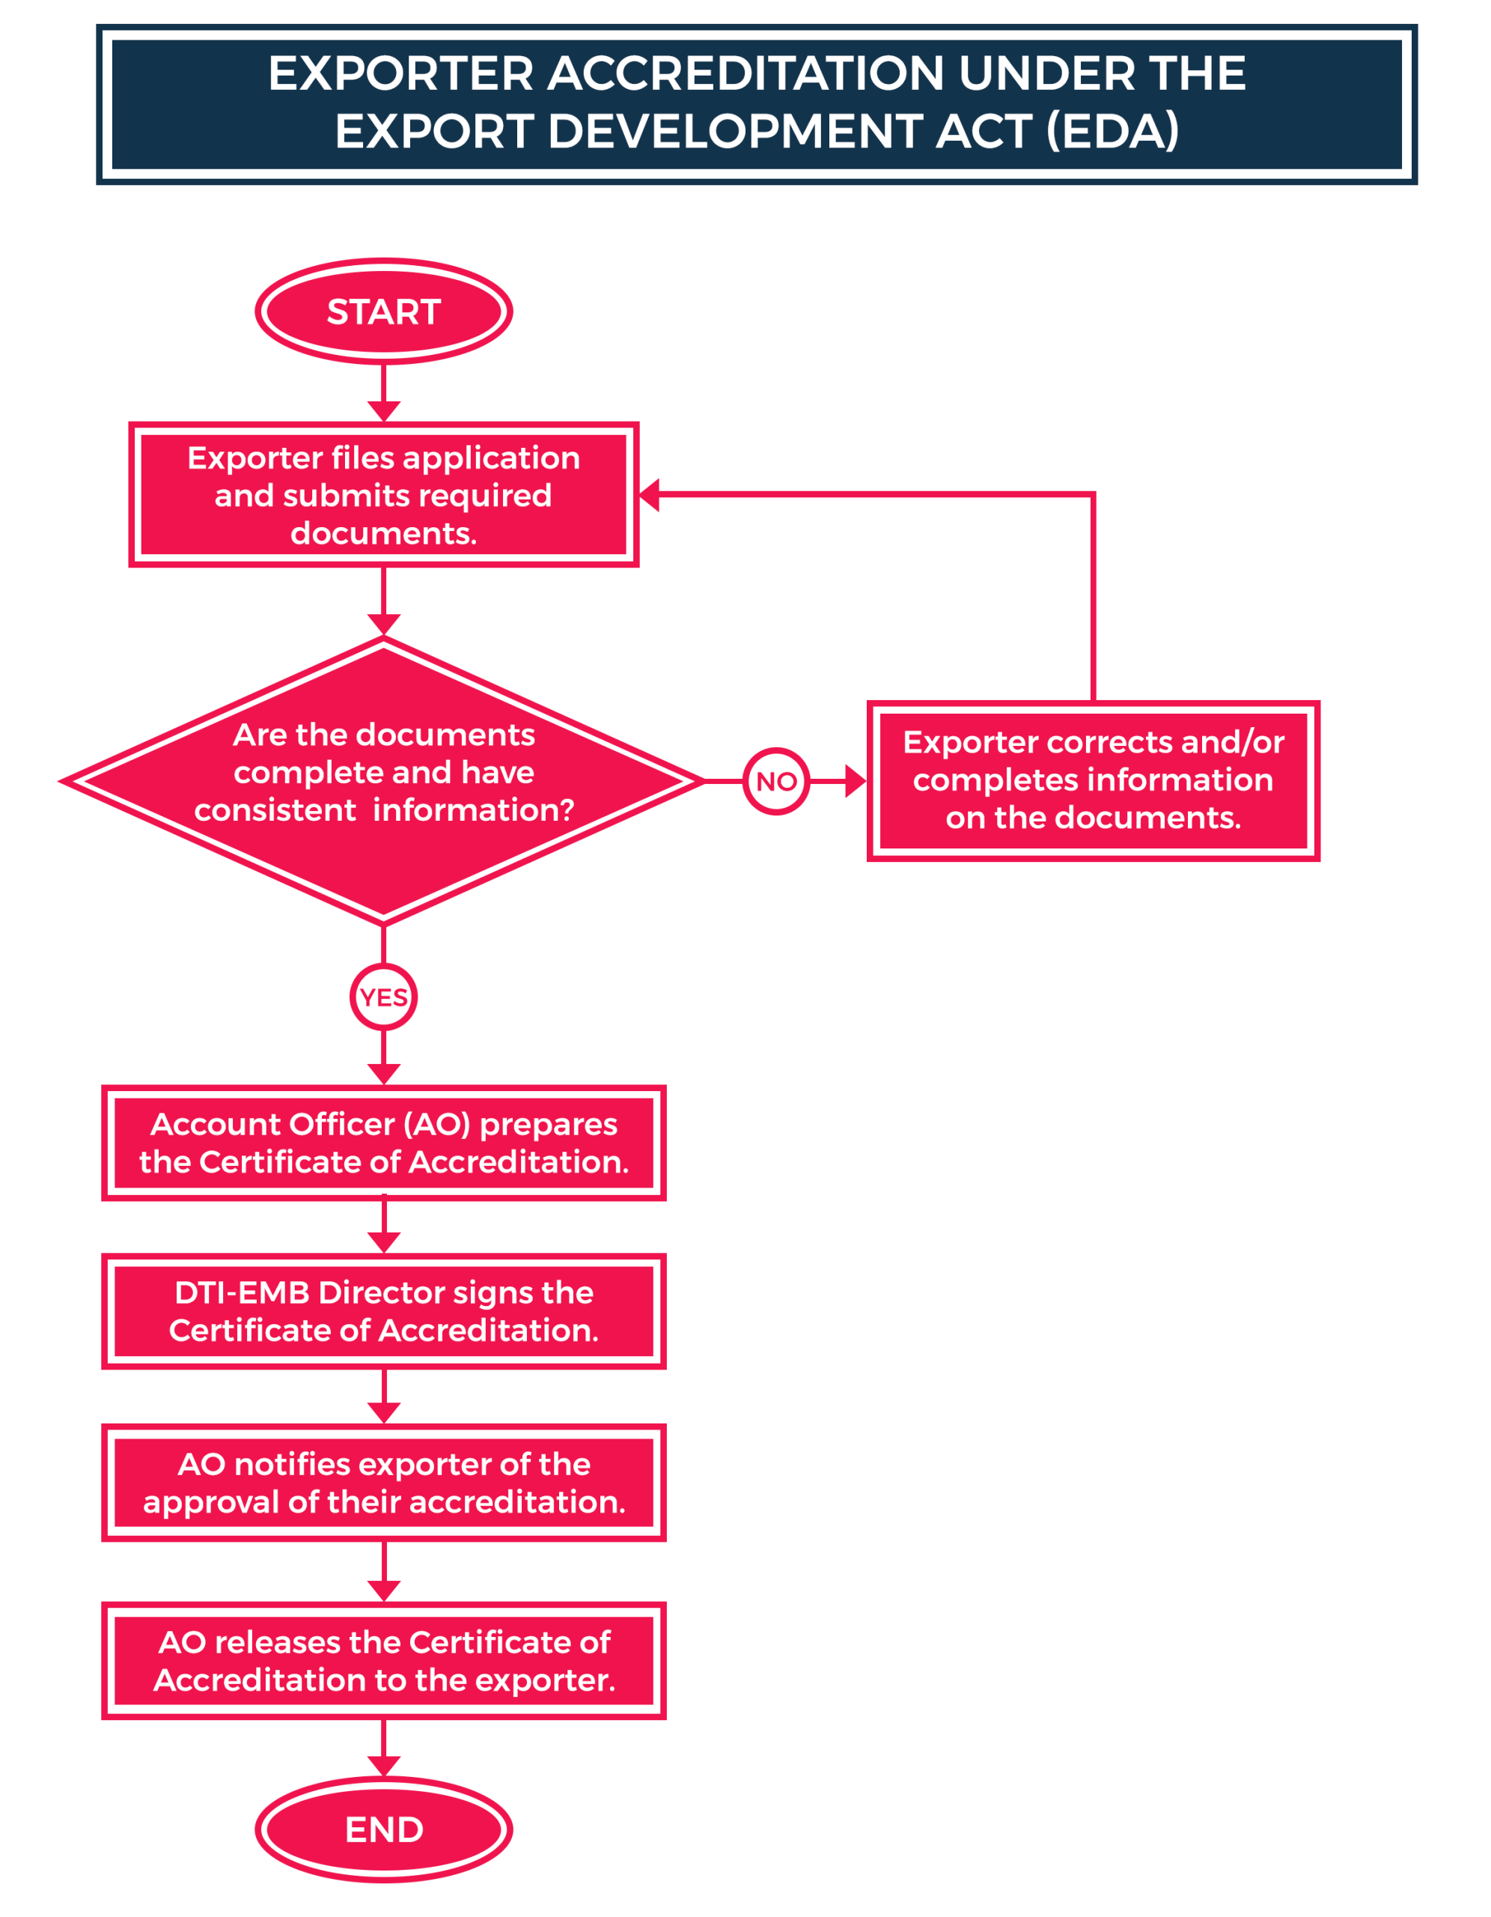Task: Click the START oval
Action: click(383, 312)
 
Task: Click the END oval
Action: click(383, 1829)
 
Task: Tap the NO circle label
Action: click(775, 781)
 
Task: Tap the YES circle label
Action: click(383, 997)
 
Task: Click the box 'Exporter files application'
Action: click(383, 495)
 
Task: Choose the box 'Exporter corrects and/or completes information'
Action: click(1093, 780)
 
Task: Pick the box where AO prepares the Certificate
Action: click(383, 1143)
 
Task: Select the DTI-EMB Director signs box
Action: click(383, 1311)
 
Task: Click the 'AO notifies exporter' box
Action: click(383, 1483)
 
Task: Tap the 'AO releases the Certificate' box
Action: click(383, 1661)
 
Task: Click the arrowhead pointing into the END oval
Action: click(383, 1765)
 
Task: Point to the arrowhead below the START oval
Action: click(383, 411)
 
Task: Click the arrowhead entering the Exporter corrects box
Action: click(855, 781)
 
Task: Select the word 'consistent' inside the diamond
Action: click(275, 810)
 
